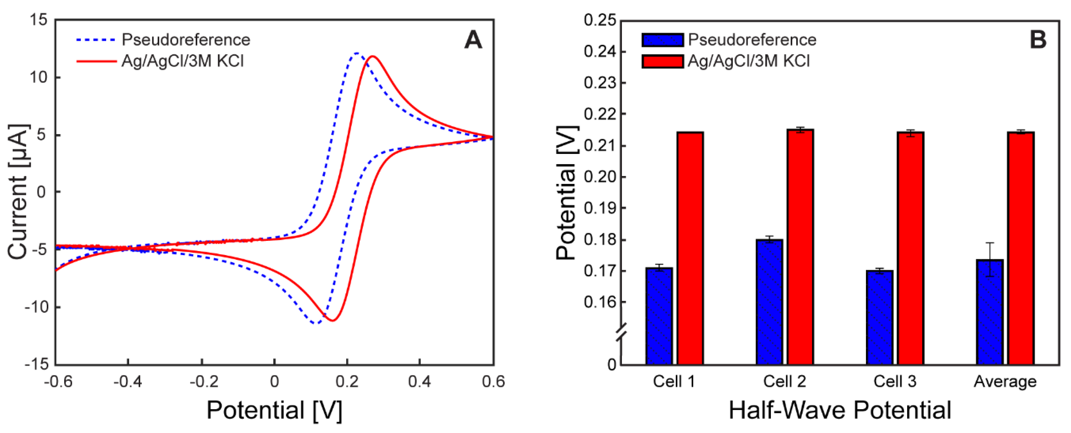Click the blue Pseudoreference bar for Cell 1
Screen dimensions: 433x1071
[659, 316]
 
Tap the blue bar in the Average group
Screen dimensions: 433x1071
[990, 312]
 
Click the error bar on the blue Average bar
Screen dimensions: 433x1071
[990, 259]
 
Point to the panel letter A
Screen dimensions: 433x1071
[473, 40]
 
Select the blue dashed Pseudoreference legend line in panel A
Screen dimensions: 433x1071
[96, 40]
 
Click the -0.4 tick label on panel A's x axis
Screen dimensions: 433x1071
[128, 381]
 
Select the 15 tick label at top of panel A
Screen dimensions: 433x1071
[39, 19]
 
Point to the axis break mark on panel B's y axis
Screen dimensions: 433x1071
[621, 333]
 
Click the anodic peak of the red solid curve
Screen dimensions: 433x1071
[372, 56]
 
